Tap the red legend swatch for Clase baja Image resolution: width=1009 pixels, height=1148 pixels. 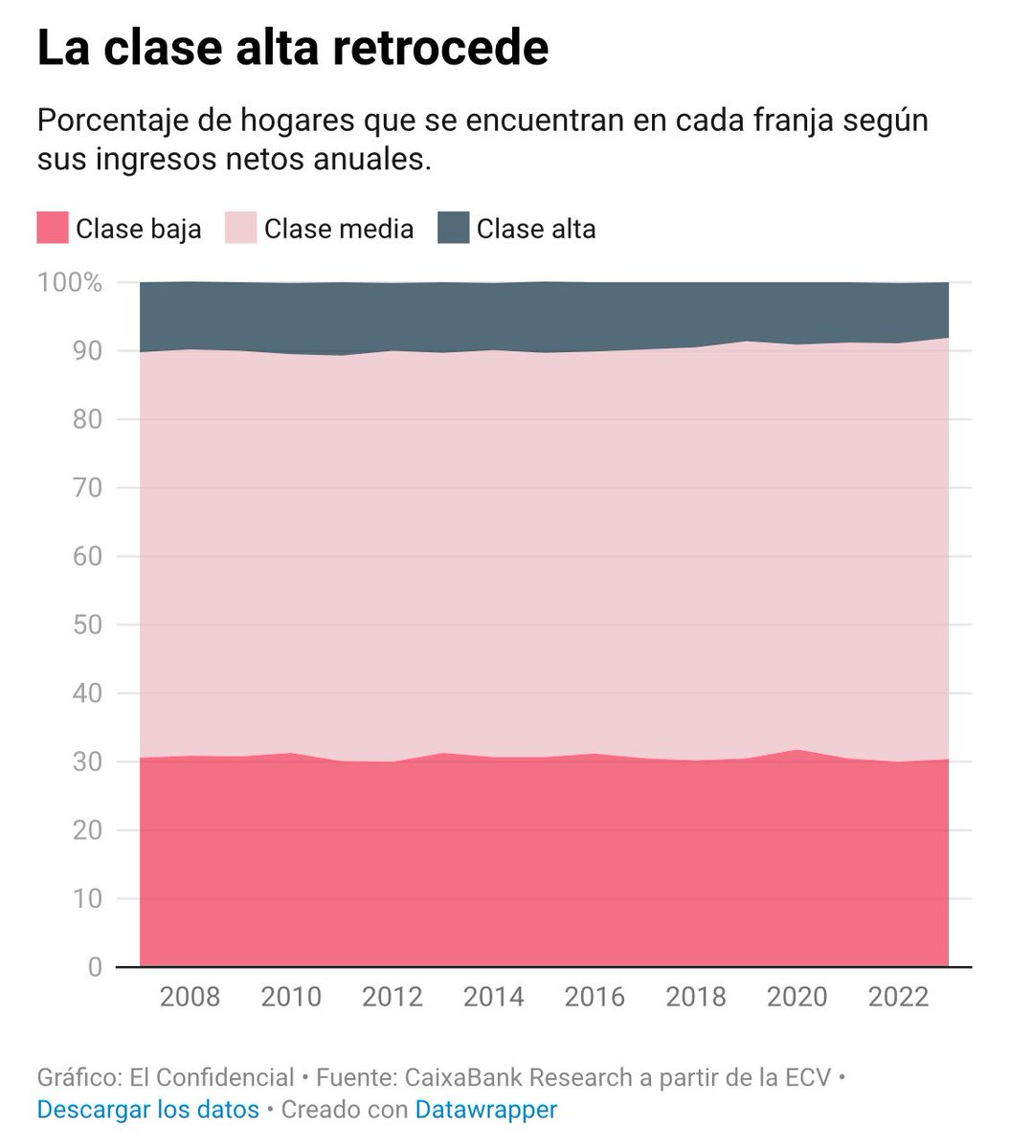tap(53, 229)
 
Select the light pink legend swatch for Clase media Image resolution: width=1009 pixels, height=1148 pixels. tap(240, 229)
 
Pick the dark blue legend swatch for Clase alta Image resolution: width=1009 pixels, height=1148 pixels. tap(453, 229)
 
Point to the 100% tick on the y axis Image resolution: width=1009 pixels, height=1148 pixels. tap(68, 283)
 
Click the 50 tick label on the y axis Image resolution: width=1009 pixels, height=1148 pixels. tap(86, 625)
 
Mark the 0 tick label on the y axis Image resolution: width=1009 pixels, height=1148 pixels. tap(94, 967)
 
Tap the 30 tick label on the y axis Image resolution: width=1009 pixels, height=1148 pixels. tap(86, 762)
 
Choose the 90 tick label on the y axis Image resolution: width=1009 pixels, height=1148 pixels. tap(86, 351)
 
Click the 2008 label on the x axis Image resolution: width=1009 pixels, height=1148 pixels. tap(190, 997)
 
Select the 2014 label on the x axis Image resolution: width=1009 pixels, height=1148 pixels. tap(493, 997)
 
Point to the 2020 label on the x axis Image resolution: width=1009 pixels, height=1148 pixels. tap(796, 997)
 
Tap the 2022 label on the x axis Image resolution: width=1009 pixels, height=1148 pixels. tap(898, 997)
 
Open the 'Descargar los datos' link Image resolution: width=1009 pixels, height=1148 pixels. tap(148, 1109)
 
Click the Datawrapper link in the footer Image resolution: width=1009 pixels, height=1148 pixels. tap(486, 1109)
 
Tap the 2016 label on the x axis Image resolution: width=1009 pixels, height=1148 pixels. tap(594, 997)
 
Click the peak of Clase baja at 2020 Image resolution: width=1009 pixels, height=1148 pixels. tap(796, 751)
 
